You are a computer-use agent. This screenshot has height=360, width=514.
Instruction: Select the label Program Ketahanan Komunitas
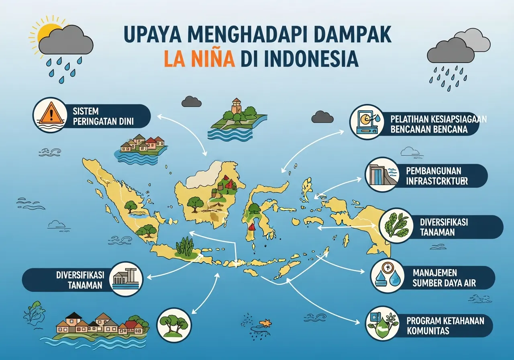pyautogui.click(x=445, y=326)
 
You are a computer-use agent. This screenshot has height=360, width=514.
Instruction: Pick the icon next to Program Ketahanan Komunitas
pyautogui.click(x=382, y=323)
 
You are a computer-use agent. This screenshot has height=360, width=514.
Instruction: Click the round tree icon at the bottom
pyautogui.click(x=174, y=325)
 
